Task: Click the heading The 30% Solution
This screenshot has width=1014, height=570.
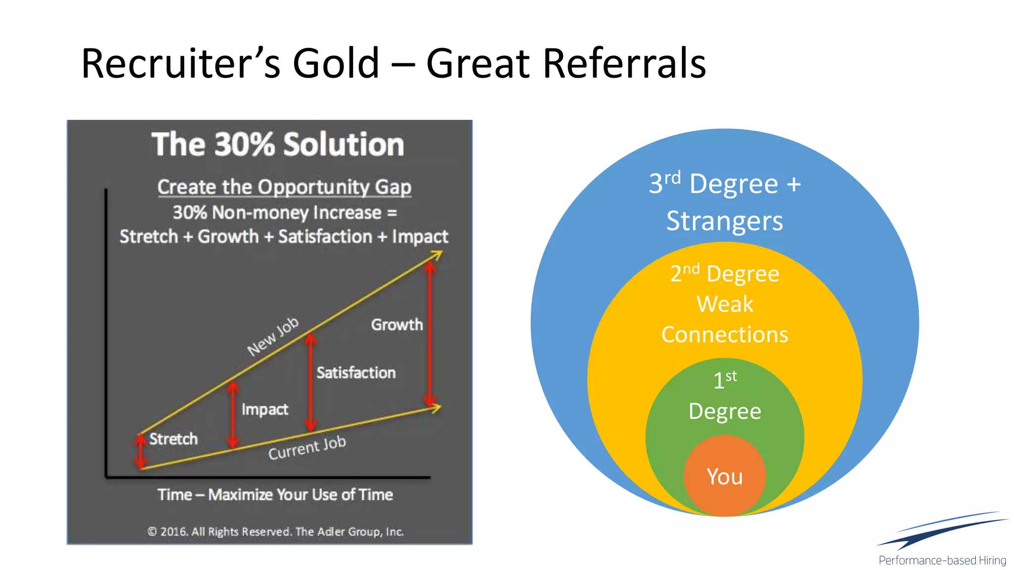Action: tap(278, 144)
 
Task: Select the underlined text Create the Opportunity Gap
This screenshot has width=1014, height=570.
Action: tap(284, 187)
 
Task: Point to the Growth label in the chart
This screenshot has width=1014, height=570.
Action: tap(397, 325)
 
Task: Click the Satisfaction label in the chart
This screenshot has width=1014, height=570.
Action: tap(356, 373)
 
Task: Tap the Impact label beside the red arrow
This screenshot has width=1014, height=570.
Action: tap(265, 409)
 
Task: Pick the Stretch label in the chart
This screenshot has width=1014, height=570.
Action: tap(173, 439)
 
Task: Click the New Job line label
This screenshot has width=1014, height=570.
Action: tap(273, 336)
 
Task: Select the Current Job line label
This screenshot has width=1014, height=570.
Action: tap(307, 448)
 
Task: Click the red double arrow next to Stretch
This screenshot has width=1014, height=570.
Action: tap(141, 451)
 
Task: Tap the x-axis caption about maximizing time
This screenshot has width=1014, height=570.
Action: tap(275, 495)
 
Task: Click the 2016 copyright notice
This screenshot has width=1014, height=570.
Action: tap(275, 532)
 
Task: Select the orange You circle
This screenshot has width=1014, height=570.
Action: tap(724, 476)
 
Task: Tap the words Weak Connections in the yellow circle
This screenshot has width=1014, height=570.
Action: tap(725, 319)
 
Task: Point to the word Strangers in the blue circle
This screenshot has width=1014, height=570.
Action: tap(724, 221)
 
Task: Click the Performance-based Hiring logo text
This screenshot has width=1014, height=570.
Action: tap(942, 561)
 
